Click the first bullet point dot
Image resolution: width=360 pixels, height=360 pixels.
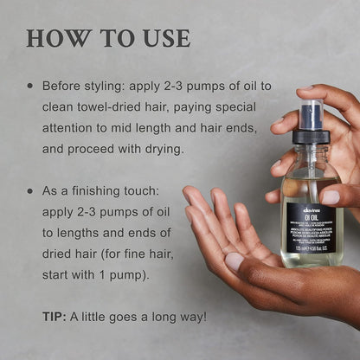31,87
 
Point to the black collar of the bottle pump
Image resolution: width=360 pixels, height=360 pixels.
312,137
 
